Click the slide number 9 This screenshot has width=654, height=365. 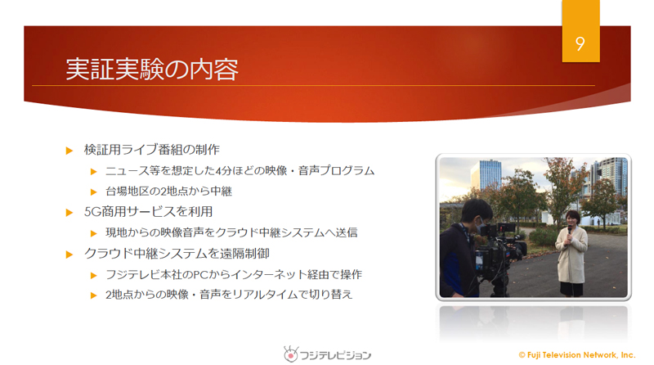[580, 44]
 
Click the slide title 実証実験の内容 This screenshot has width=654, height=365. [152, 69]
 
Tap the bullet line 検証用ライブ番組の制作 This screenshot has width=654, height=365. [152, 150]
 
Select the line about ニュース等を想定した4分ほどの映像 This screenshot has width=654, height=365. [240, 171]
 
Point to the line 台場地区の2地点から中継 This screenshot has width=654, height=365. [168, 192]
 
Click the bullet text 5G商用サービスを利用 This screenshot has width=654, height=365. [148, 212]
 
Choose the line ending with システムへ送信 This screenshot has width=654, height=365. [231, 232]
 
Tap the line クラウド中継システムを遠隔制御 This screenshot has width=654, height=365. [177, 254]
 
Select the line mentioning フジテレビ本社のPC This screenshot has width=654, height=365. [234, 274]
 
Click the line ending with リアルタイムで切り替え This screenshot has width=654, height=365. [229, 295]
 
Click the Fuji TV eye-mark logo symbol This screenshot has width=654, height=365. [291, 354]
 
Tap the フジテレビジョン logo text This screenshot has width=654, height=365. [335, 355]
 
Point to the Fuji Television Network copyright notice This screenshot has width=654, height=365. [577, 355]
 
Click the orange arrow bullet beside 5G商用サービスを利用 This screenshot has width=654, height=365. [69, 213]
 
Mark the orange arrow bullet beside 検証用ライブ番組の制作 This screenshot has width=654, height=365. [69, 151]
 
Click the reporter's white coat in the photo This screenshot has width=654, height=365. [571, 255]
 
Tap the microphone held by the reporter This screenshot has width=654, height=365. [570, 229]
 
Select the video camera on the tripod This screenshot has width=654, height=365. [499, 250]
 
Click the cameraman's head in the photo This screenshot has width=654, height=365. [477, 213]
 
